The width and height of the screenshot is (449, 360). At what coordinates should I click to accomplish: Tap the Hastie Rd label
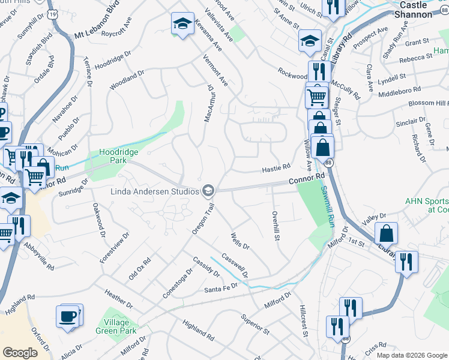(276, 170)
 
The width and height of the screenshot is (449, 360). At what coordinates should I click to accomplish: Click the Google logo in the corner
(20, 353)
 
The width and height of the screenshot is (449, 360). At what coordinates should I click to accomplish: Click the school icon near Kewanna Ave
(182, 24)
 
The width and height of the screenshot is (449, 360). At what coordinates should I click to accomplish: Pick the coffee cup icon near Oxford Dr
(68, 316)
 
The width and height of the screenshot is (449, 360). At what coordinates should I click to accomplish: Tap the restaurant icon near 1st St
(406, 262)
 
